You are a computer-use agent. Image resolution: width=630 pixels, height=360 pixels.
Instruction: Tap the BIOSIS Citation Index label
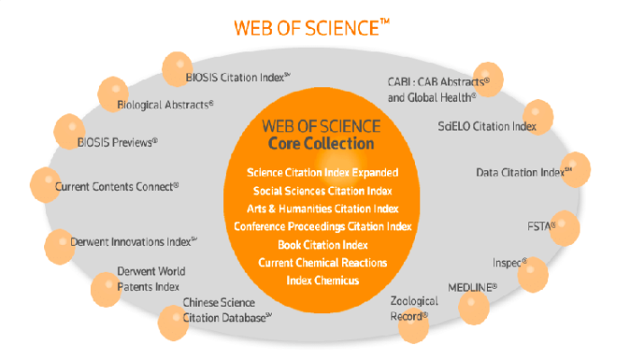point(236,77)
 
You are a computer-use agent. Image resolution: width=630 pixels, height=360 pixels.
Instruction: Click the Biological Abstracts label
point(166,104)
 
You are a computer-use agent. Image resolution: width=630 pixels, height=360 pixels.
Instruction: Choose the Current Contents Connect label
point(117,185)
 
